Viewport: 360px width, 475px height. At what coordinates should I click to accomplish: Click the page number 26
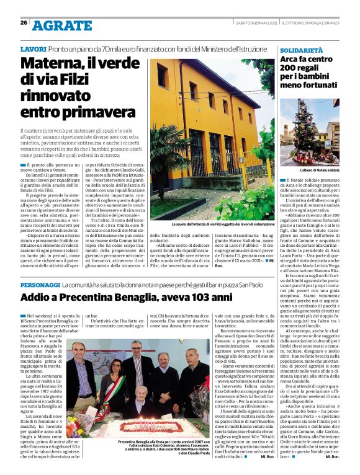tap(24, 23)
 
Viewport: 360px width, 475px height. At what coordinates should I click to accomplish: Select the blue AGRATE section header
tap(61, 25)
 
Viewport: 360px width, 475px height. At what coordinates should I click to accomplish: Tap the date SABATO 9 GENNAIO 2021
tap(254, 23)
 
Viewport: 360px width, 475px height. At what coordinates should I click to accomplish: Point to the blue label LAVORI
tap(33, 48)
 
